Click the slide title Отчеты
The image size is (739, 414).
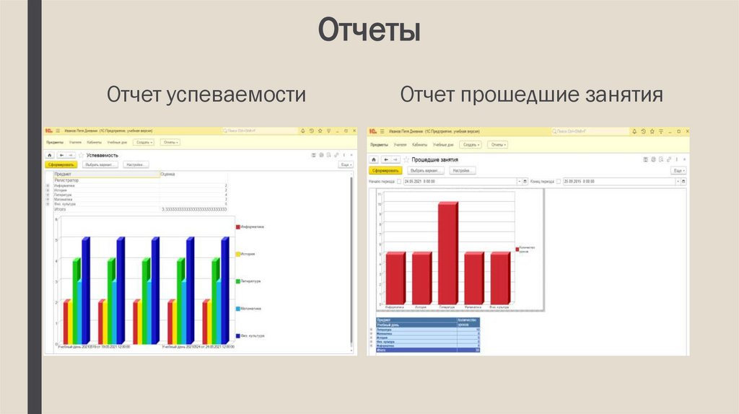369,31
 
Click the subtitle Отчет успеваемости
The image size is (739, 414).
206,95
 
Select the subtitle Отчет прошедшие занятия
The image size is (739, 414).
532,95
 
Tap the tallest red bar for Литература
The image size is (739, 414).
447,252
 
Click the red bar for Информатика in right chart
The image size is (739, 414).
395,278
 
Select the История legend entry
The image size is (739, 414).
248,254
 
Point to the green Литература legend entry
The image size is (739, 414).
250,281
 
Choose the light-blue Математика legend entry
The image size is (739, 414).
250,309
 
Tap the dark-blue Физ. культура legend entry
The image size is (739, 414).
251,336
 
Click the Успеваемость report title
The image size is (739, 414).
102,155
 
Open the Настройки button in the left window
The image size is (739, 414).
136,164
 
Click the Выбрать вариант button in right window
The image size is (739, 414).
424,170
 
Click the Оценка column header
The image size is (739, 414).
167,174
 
